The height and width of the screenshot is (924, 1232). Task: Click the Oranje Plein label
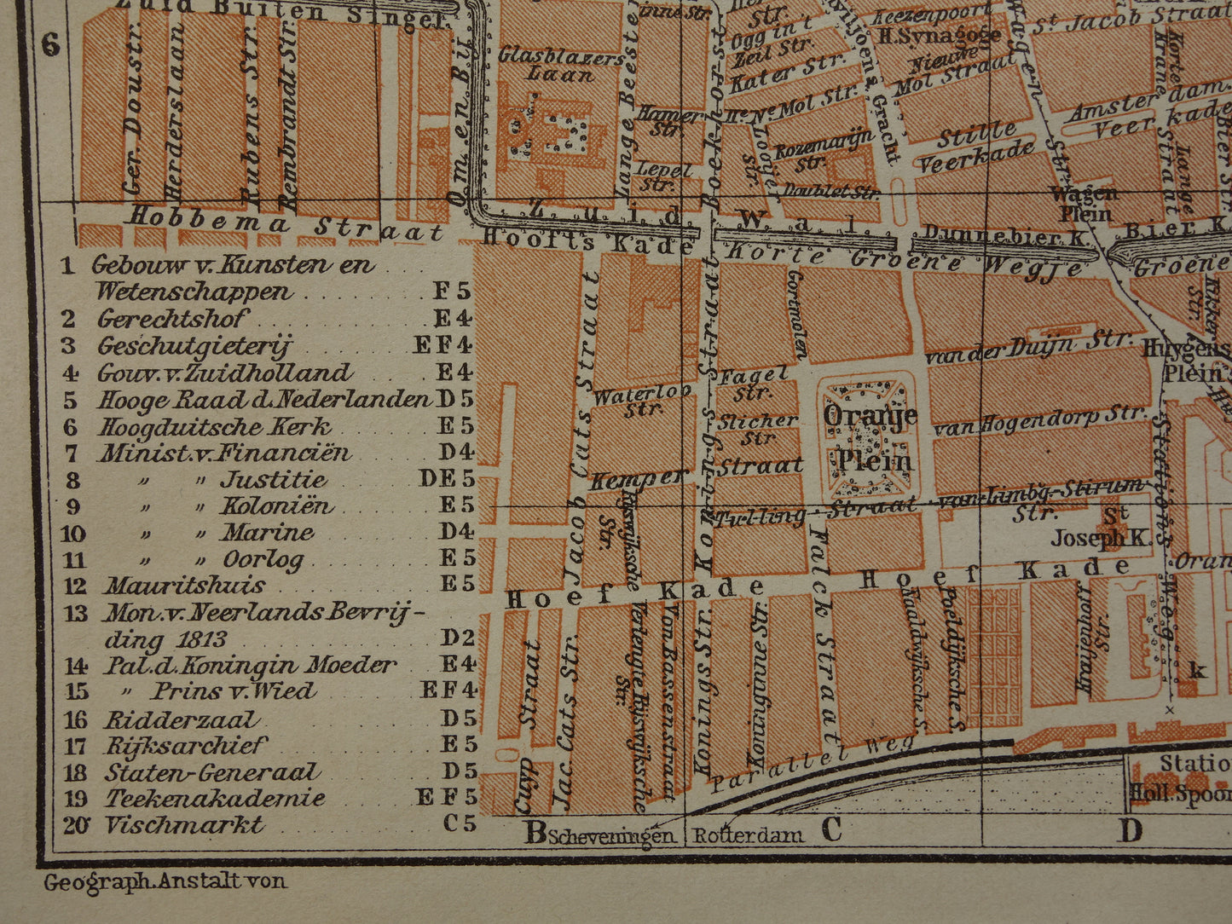868,437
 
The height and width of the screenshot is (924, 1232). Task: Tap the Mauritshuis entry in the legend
183,586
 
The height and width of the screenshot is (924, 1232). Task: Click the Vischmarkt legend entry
183,825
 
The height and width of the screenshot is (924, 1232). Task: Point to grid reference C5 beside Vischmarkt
456,825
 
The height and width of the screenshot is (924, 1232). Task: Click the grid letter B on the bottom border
535,831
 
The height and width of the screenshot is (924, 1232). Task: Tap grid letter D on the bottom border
1130,829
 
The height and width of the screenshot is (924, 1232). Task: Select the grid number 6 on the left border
51,44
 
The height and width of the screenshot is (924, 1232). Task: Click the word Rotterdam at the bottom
747,835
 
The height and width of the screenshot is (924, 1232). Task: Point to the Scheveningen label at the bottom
612,836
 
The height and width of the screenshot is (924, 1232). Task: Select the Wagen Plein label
1084,203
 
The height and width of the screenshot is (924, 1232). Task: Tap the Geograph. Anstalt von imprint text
165,881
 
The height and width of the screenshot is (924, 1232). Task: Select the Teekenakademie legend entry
214,799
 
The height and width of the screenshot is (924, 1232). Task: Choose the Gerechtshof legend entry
171,320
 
